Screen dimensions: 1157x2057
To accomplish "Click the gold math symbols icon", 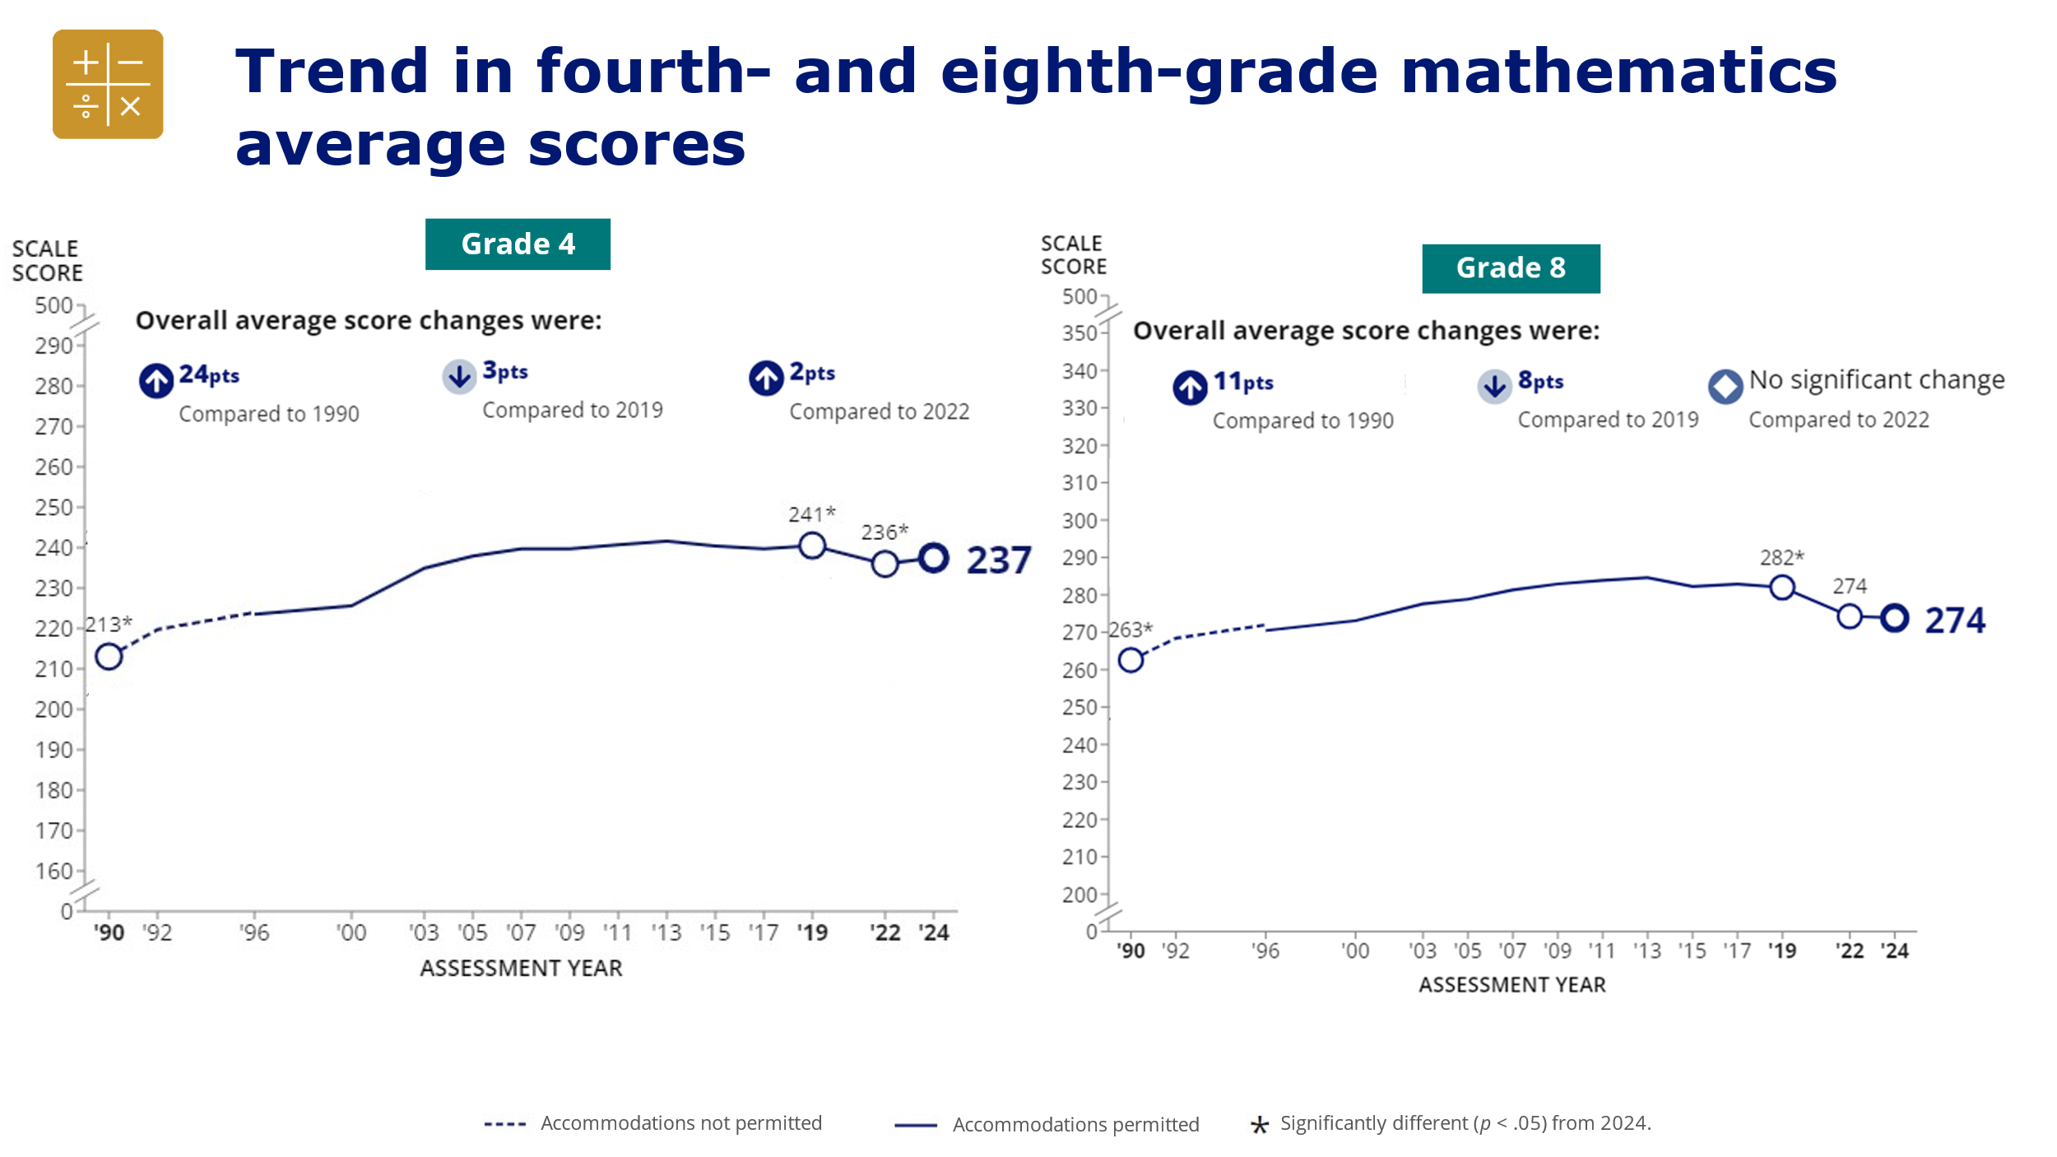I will (x=108, y=84).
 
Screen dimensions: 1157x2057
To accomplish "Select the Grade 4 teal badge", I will (x=518, y=244).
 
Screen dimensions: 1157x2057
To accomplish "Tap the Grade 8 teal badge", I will (x=1511, y=268).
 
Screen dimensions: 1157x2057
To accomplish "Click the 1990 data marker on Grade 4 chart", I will (x=109, y=657).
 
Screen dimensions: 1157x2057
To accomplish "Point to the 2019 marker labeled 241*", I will (x=812, y=546).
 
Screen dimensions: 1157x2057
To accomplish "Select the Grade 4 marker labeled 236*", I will (x=885, y=564).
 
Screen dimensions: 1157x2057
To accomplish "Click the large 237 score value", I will (x=998, y=560).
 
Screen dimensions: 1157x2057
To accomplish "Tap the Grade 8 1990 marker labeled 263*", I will (x=1131, y=660).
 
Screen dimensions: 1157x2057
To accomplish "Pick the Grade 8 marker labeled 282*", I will (x=1782, y=588).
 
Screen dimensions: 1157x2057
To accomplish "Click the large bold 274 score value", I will (x=1955, y=620).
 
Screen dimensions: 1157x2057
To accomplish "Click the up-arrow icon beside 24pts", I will (x=156, y=380).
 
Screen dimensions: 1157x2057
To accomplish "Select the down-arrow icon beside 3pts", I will (x=459, y=376).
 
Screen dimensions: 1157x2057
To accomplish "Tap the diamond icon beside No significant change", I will (x=1725, y=386).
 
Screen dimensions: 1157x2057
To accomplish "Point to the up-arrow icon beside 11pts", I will (x=1190, y=387).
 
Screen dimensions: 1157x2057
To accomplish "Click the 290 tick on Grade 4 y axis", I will (x=54, y=346).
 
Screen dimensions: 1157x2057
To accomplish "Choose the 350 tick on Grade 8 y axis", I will (x=1080, y=333).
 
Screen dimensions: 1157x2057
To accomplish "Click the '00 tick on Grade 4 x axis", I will (x=351, y=932).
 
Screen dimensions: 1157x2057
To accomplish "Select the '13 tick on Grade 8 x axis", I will (x=1647, y=950).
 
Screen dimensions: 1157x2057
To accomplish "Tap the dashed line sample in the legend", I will (x=504, y=1124).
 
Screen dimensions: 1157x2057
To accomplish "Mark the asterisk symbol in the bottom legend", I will (x=1259, y=1125).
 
